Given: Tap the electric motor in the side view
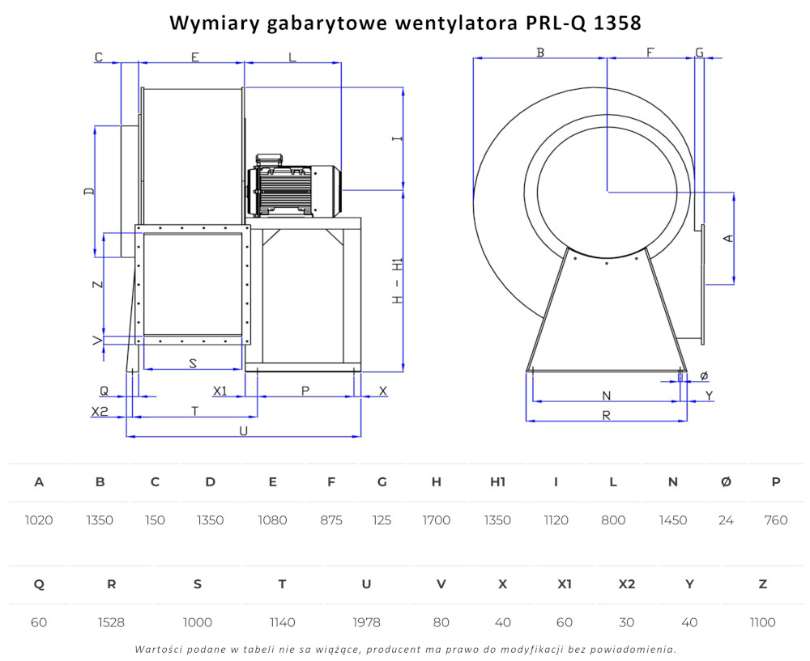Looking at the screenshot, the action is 294,185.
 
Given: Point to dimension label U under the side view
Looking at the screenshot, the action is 243,430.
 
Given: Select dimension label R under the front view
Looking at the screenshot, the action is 607,415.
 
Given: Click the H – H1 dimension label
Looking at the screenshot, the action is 397,281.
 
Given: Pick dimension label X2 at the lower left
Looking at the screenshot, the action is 100,411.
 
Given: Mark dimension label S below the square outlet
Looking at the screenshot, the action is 193,363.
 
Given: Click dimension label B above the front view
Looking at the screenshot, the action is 540,52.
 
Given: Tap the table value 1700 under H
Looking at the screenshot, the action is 436,520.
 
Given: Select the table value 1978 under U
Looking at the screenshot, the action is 366,622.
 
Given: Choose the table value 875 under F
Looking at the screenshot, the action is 331,520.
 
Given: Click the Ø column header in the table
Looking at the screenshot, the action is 726,482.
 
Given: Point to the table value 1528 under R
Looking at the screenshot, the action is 111,622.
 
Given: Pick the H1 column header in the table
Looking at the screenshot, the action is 497,482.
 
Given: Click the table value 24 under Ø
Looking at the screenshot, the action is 726,520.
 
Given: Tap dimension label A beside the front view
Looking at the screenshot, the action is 728,238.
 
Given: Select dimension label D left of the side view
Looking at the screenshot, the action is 89,191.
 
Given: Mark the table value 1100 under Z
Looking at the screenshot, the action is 762,622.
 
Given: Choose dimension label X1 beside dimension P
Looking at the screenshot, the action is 220,391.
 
